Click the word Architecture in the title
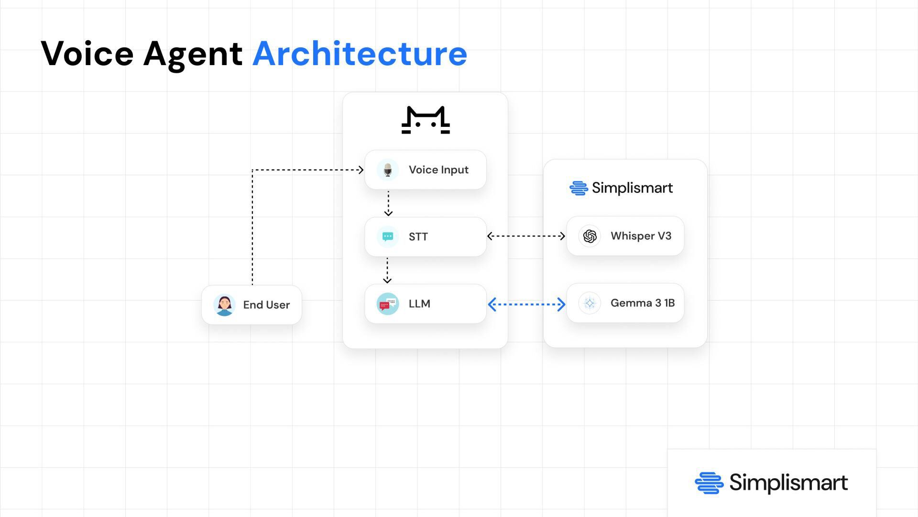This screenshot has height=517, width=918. coord(360,54)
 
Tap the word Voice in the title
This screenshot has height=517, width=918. coord(87,54)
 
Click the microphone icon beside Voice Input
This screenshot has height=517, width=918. coord(388,170)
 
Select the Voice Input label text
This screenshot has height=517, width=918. coord(438,170)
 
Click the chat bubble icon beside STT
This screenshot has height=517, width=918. coord(388,236)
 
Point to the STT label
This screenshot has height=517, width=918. coord(418,237)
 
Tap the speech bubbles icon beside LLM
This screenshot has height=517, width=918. coord(388,303)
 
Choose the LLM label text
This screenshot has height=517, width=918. coord(419,304)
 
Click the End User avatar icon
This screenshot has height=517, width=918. coord(224,305)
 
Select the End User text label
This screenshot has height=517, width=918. coord(266,305)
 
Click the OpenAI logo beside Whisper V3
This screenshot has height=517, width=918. coord(590,236)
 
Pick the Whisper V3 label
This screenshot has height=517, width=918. coord(641,236)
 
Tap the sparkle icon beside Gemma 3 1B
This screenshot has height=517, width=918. coord(590,303)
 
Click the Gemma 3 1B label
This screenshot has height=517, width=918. coord(642,303)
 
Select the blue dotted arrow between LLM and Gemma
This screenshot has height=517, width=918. coord(526,304)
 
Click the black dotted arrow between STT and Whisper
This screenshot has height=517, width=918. coord(526,236)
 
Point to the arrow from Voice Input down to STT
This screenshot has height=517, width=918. coord(388,203)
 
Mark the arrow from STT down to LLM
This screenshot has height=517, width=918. coord(387,270)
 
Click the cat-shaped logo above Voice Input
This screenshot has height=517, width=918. coord(426,120)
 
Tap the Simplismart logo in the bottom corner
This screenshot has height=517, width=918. coord(771,483)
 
